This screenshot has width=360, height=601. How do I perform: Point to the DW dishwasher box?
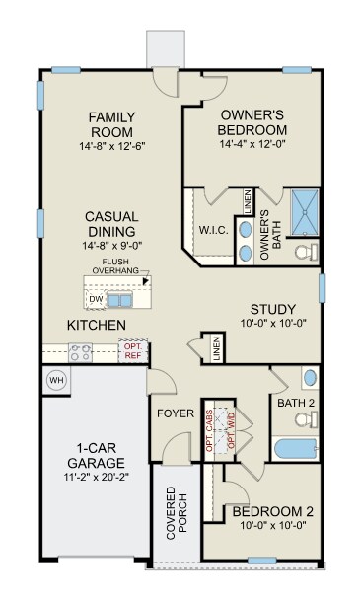click(96, 299)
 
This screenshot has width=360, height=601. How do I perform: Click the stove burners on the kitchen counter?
click(80, 350)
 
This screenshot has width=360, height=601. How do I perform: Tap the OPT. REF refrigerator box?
click(132, 350)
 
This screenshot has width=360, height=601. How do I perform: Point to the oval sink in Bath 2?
click(310, 378)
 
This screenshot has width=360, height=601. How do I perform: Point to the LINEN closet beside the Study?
click(216, 348)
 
